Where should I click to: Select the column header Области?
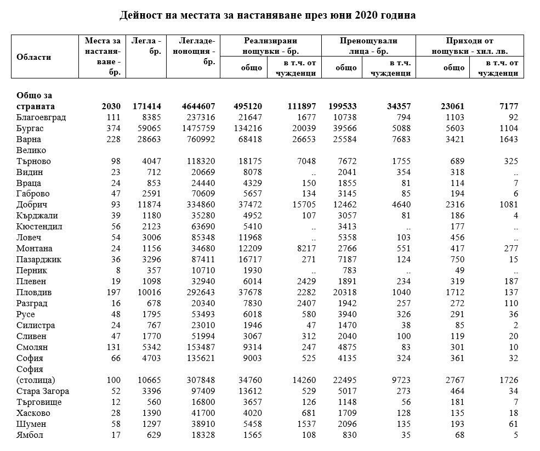click(34, 57)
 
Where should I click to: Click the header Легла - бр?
click(146, 46)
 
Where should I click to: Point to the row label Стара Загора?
click(43, 391)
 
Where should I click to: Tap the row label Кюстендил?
click(39, 227)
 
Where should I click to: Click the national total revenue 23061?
click(452, 106)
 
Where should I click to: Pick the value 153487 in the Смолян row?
click(198, 347)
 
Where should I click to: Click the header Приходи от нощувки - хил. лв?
click(470, 46)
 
